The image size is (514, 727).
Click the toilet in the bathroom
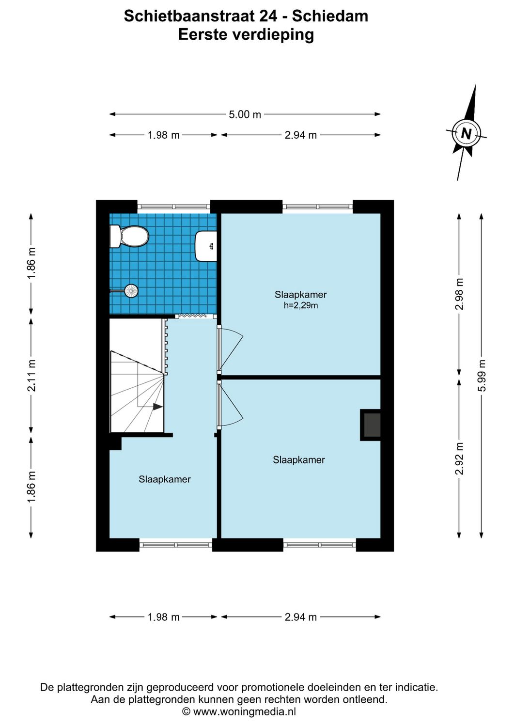[129, 237]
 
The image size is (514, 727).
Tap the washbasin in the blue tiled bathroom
[206, 246]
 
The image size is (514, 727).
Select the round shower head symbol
[131, 291]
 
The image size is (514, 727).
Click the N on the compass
[466, 133]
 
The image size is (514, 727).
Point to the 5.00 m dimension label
[245, 115]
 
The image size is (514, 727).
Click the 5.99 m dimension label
[481, 376]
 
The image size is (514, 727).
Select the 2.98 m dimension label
[459, 294]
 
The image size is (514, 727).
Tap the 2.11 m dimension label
[31, 376]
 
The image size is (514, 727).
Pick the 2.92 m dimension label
[459, 458]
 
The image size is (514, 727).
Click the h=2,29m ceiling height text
[301, 305]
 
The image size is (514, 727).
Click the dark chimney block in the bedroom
[371, 425]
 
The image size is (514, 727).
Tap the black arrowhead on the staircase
[157, 407]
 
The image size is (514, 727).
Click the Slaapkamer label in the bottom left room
[165, 479]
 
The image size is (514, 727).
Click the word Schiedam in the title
[330, 16]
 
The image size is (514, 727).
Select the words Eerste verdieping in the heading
[246, 35]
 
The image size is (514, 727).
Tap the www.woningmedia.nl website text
[244, 712]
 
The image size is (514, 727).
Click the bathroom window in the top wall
[174, 206]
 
